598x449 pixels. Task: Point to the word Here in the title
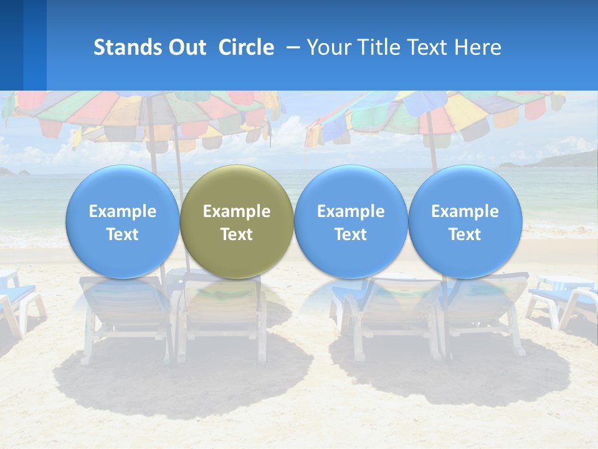pyautogui.click(x=479, y=47)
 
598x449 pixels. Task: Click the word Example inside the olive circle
pyautogui.click(x=237, y=211)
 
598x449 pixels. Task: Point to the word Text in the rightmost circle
pyautogui.click(x=465, y=234)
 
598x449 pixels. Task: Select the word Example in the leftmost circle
pyautogui.click(x=123, y=211)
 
